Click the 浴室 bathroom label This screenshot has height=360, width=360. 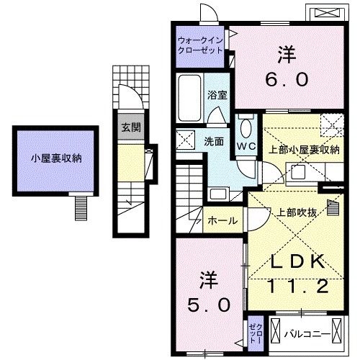click(217, 95)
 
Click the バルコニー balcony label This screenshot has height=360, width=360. click(306, 333)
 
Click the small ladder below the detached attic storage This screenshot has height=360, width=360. click(80, 206)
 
